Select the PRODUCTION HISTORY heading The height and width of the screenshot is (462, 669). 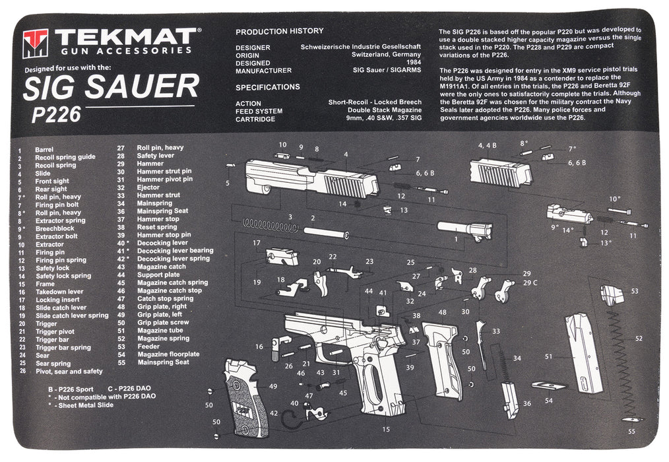pyautogui.click(x=279, y=31)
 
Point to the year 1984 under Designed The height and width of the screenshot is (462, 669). pyautogui.click(x=414, y=63)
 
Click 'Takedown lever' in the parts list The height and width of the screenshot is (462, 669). pyautogui.click(x=59, y=291)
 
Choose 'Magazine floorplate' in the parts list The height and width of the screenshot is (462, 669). pyautogui.click(x=168, y=354)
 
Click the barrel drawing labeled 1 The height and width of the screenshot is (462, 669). pyautogui.click(x=465, y=232)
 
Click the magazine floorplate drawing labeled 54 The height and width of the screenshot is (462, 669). pyautogui.click(x=549, y=385)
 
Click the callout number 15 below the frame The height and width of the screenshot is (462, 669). pyautogui.click(x=386, y=430)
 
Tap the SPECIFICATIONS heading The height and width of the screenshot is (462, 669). pyautogui.click(x=268, y=87)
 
